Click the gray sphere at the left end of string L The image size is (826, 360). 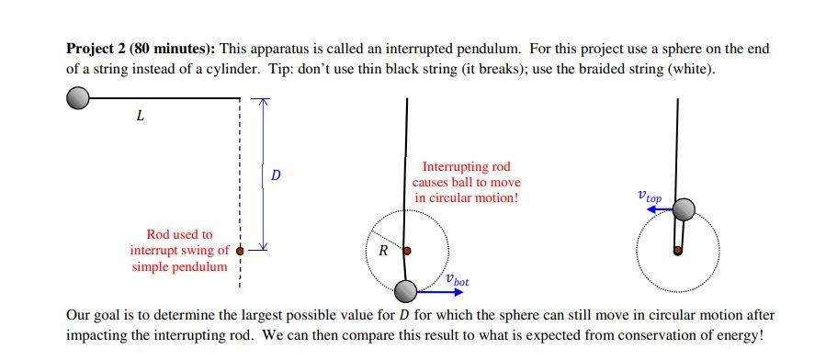click(x=78, y=96)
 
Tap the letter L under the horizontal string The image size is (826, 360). click(x=140, y=117)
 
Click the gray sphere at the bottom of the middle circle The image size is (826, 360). click(x=405, y=291)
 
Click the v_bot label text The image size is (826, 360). click(x=456, y=280)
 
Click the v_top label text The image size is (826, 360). click(x=649, y=196)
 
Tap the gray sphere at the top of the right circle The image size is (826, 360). click(x=683, y=210)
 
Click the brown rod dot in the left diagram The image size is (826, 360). click(x=241, y=249)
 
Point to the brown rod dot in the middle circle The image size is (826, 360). click(x=407, y=250)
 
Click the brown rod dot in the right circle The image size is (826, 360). click(x=678, y=250)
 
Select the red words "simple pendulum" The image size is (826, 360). click(x=179, y=266)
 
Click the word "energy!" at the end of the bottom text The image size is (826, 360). click(x=739, y=335)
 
